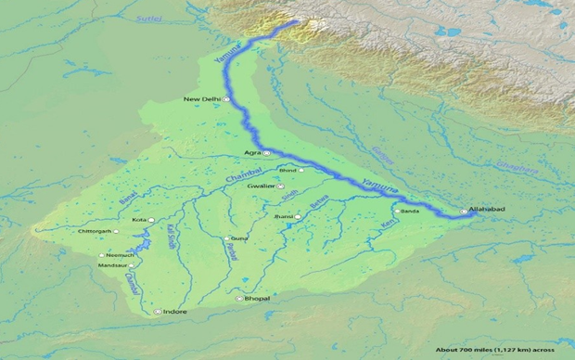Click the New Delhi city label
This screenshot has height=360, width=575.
(201, 99)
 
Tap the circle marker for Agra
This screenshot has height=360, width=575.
(266, 152)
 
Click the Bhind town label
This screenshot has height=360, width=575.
(287, 171)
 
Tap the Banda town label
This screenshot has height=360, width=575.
(410, 211)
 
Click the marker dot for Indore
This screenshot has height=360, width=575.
(159, 312)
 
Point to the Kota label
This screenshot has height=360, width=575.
(138, 220)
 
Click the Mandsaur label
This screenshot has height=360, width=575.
(113, 265)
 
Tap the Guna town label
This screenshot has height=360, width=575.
(238, 238)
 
